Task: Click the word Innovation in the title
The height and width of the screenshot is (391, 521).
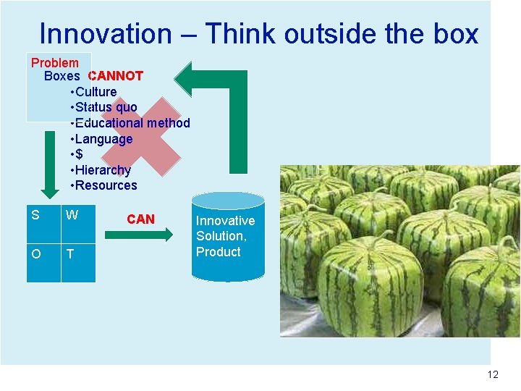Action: point(106,33)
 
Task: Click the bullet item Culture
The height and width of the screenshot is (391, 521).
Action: point(95,91)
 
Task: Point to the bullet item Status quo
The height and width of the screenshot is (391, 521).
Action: point(106,107)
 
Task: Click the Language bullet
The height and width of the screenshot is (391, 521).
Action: point(103,138)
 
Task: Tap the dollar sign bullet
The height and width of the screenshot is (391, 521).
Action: point(78,154)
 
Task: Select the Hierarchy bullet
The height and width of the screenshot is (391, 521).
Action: point(102,170)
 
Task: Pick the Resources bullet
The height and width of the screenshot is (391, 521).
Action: point(105,185)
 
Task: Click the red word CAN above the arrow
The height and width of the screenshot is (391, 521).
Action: point(140,219)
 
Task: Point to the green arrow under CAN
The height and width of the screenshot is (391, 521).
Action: point(138,235)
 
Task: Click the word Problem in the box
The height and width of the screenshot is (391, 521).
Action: point(55,63)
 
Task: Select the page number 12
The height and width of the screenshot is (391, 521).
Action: point(493,374)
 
